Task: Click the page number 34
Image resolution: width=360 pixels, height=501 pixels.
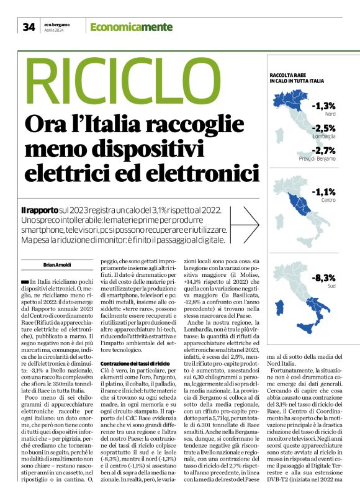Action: [29, 27]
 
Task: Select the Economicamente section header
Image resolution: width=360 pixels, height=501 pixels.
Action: [122, 27]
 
